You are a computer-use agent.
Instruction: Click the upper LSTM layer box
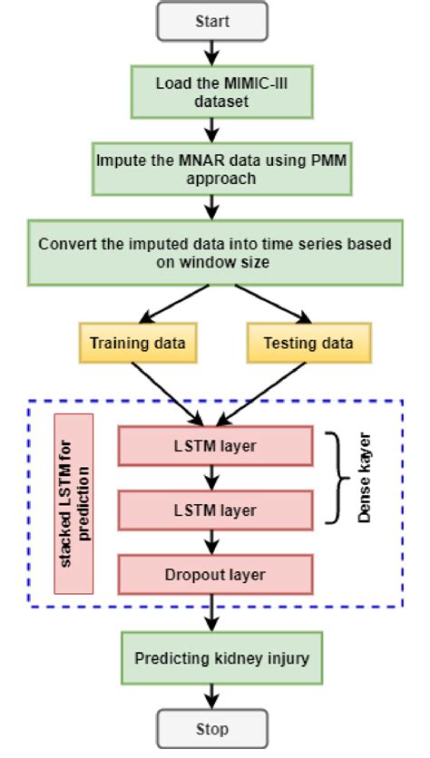point(215,446)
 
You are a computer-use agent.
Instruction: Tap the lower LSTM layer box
point(215,510)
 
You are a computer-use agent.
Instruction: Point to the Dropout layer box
point(215,574)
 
